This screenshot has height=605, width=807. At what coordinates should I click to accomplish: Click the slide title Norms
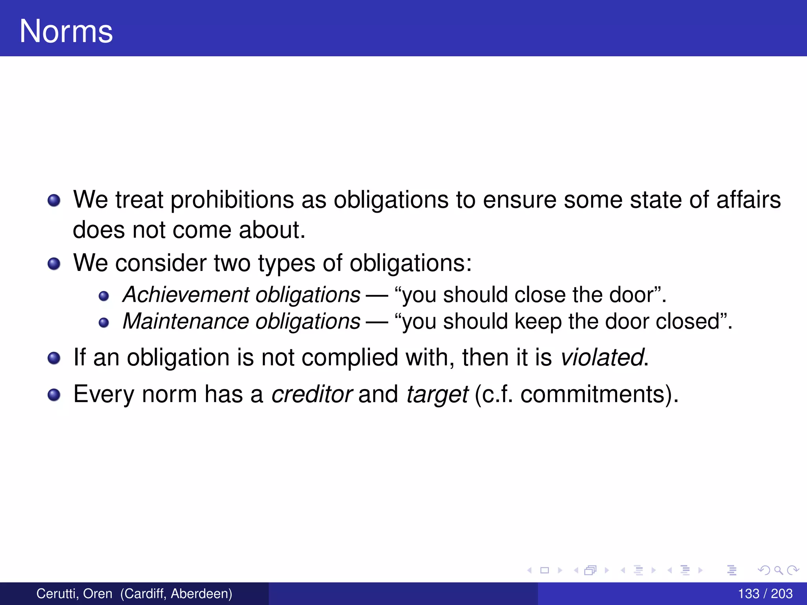point(66,32)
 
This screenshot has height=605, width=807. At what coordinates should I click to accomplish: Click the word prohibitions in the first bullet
point(232,200)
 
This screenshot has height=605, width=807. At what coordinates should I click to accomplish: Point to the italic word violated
point(602,358)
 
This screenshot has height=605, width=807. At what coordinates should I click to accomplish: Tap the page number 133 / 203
point(765,594)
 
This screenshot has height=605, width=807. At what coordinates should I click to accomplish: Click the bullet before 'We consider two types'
point(54,264)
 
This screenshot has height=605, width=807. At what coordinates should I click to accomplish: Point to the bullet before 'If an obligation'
point(54,358)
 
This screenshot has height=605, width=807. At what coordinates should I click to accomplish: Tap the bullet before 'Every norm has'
point(54,395)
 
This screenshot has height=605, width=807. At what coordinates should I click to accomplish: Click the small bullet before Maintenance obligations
point(104,323)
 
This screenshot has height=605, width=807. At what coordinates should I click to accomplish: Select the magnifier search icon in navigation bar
point(778,570)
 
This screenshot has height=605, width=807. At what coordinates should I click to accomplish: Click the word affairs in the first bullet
point(748,200)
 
